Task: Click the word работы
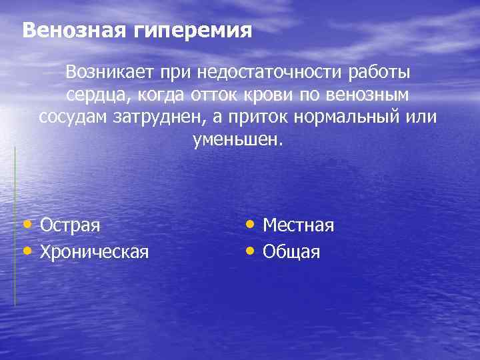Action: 378,73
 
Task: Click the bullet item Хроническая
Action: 95,252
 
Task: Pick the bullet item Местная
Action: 298,225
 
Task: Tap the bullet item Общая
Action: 291,252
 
